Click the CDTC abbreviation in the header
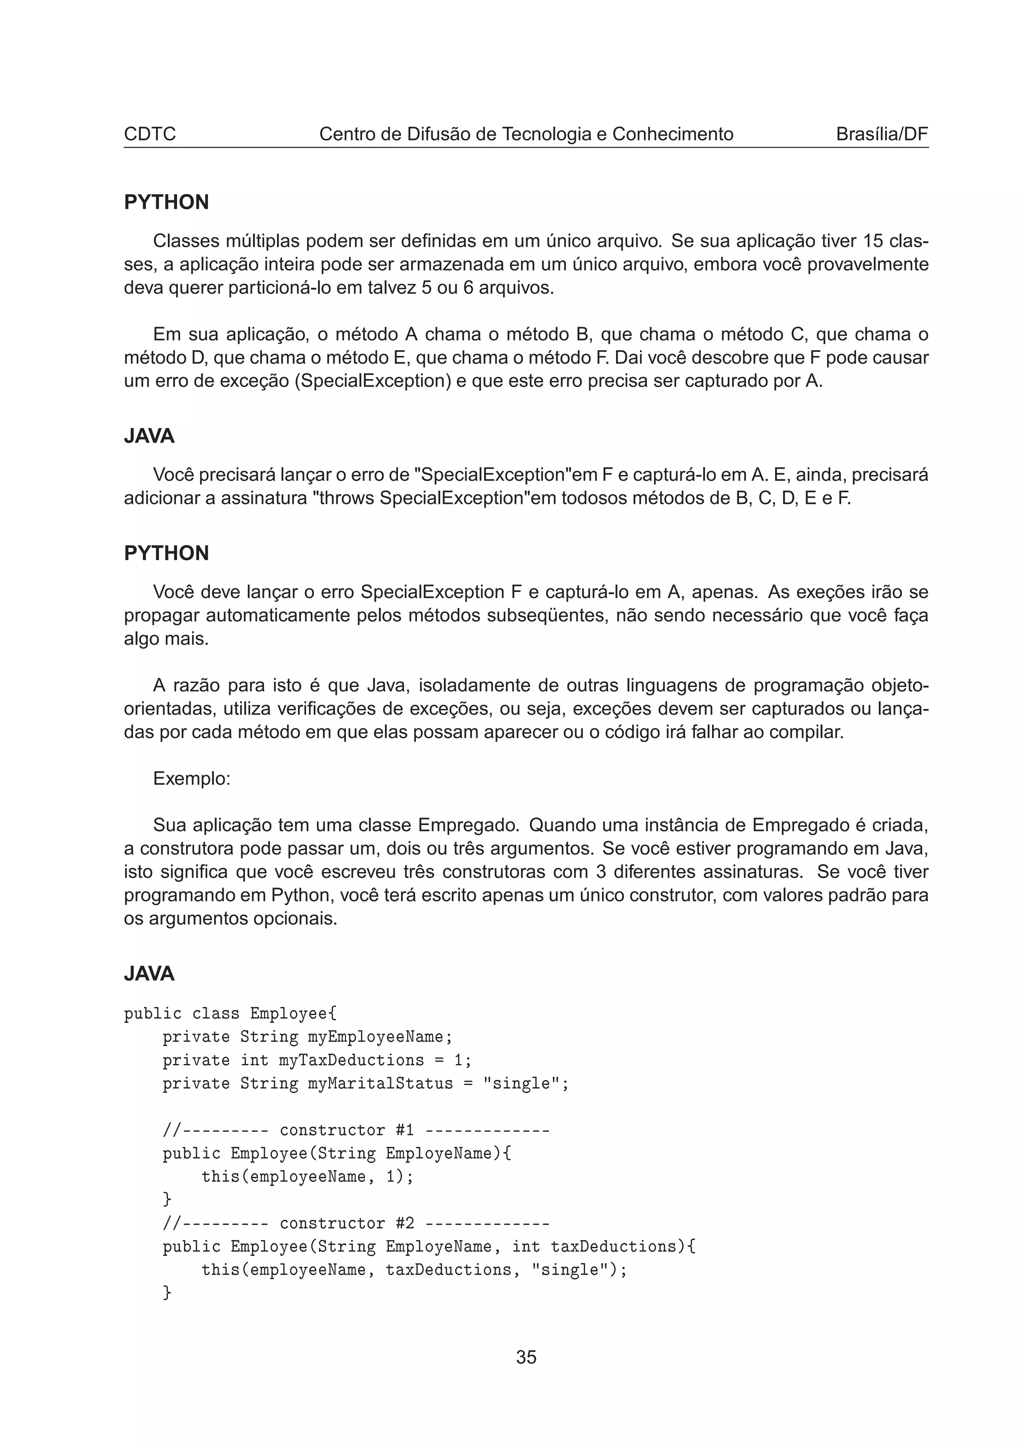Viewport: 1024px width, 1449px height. coord(149,134)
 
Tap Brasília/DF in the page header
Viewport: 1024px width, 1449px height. coord(881,134)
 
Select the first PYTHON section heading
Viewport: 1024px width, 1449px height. coord(166,202)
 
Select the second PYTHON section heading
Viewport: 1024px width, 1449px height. coord(166,553)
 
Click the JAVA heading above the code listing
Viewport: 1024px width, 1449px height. coord(149,974)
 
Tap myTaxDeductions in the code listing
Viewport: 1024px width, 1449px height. coord(351,1060)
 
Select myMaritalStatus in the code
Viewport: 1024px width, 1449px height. coord(380,1083)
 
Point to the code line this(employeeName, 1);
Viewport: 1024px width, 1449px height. coord(307,1176)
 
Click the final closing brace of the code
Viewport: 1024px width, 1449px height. coord(167,1292)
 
